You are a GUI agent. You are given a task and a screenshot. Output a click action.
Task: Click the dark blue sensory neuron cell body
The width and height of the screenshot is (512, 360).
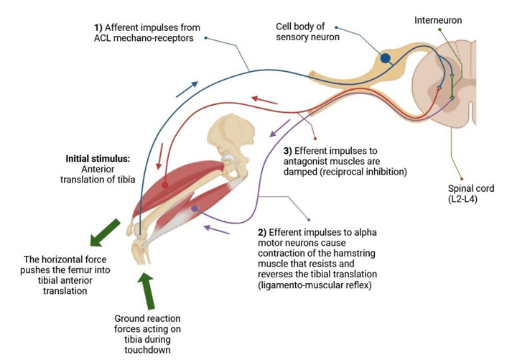pos(386,57)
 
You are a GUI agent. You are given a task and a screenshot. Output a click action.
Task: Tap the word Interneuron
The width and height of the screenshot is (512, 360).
pos(437,20)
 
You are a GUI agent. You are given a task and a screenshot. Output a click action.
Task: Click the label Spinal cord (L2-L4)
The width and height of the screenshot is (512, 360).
pos(461,193)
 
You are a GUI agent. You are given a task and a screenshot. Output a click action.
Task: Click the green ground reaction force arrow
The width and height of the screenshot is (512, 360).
pos(147,290)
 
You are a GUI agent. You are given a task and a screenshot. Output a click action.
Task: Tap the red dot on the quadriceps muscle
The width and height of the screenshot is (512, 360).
pos(164,185)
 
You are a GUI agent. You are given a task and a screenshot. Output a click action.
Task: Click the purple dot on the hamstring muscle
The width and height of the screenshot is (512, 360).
pos(194,208)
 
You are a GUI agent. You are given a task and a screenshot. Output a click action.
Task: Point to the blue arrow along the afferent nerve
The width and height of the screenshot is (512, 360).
pos(187,88)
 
